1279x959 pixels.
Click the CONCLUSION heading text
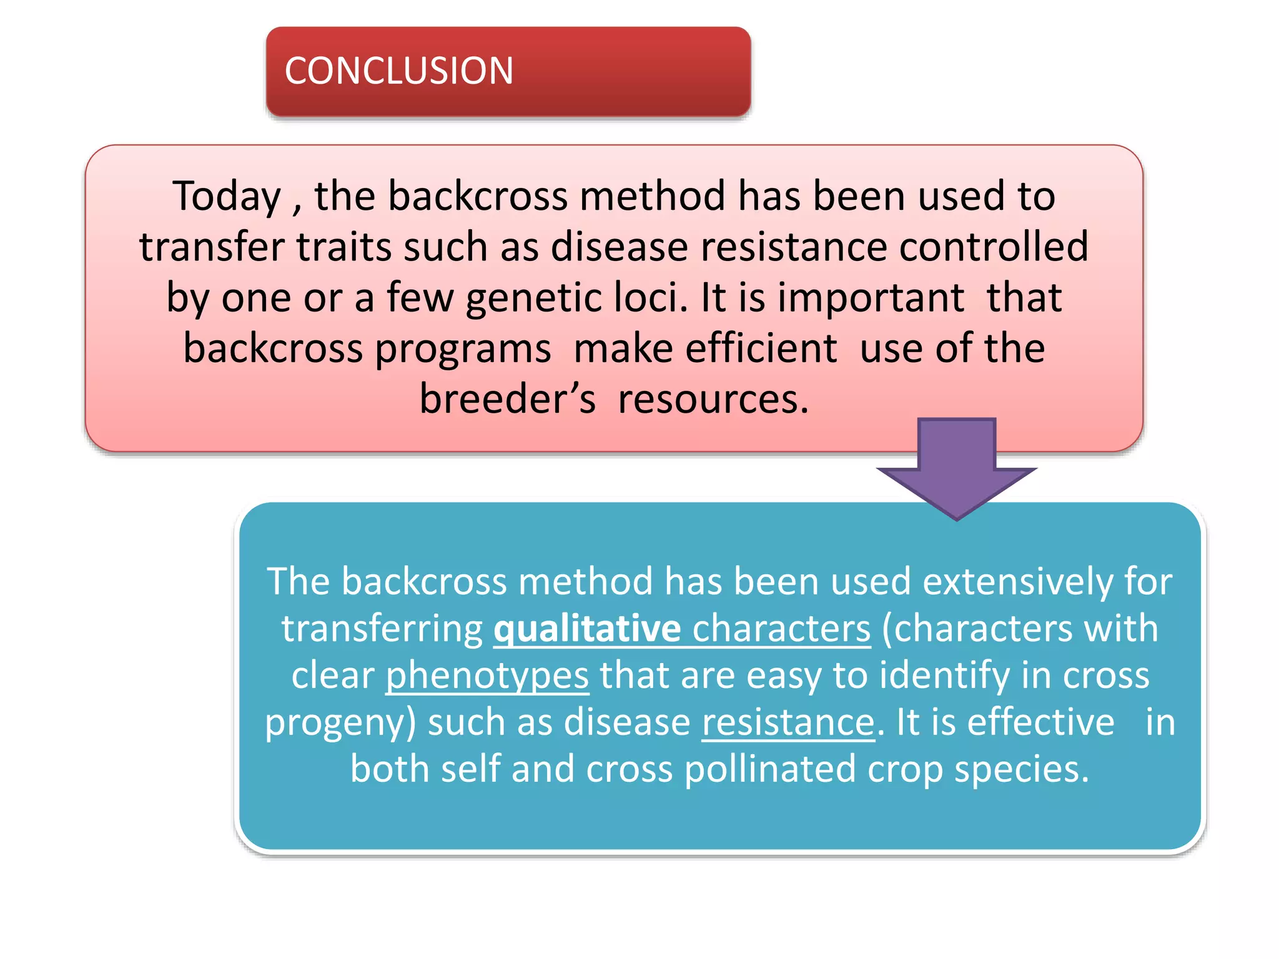(398, 71)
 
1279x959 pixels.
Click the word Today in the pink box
(227, 197)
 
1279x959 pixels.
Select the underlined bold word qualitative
(587, 628)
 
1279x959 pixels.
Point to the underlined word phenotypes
(487, 675)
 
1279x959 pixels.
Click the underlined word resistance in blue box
(788, 722)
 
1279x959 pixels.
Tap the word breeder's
(507, 399)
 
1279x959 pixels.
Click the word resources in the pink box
(713, 399)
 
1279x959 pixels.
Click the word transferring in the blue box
(382, 629)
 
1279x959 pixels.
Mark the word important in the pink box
(871, 298)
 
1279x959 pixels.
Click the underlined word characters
(781, 628)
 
